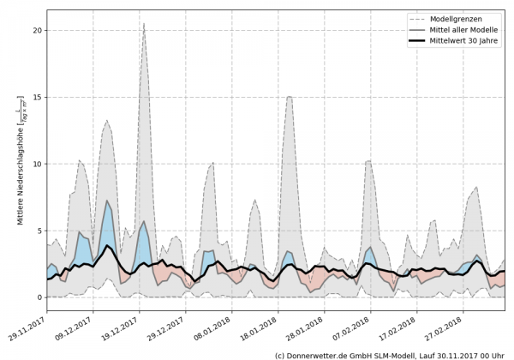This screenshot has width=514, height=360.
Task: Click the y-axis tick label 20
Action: pos(37,30)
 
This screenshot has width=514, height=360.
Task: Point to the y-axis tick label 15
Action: pos(37,97)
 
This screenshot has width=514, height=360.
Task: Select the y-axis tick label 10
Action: pos(37,164)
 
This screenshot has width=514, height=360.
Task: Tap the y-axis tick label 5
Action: pos(39,231)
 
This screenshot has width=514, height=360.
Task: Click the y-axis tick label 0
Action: pos(39,297)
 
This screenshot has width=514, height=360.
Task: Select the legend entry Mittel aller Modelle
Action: pos(469,29)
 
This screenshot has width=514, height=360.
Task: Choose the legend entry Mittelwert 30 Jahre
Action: pos(469,40)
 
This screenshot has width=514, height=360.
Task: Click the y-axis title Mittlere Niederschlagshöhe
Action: pos(21,163)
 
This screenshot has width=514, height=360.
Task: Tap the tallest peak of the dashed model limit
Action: pos(144,24)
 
